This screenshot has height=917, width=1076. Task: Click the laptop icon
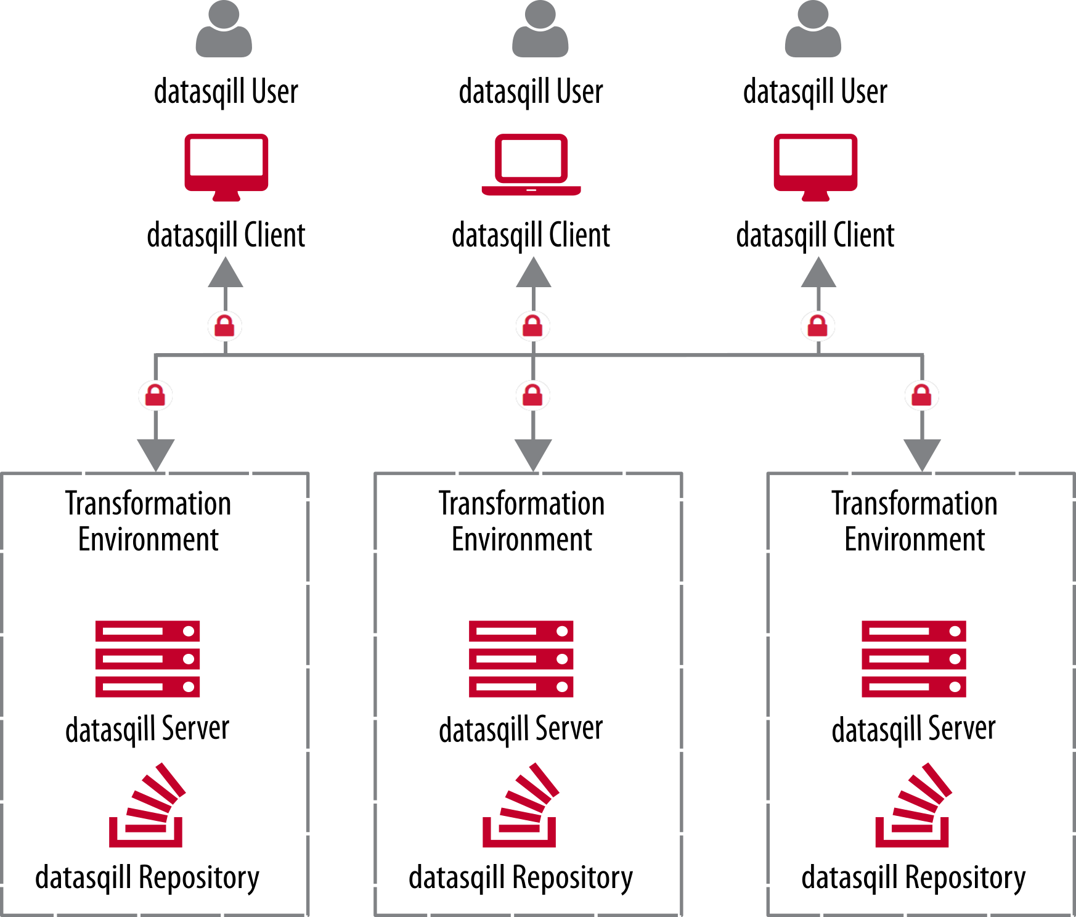point(531,165)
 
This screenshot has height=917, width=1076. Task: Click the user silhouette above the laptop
point(540,31)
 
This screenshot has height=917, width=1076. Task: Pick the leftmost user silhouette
point(224,31)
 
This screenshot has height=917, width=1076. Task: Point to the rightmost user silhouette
point(813,31)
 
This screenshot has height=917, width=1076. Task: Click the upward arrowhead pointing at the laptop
point(534,273)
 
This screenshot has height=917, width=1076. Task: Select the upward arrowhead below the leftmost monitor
point(226,273)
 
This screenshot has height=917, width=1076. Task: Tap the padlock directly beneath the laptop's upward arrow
point(533,326)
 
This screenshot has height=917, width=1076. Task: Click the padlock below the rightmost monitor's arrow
point(818,326)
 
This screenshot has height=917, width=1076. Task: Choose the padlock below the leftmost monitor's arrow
point(225,326)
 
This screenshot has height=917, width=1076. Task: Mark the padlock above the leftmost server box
point(155,395)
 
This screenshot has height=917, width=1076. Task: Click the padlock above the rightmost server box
point(922,395)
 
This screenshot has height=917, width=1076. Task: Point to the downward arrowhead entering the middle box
point(533,455)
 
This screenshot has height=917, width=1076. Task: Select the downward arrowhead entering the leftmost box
point(156,455)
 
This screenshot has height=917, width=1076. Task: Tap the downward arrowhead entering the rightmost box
point(922,455)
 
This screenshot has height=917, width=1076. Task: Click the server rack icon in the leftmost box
point(148,659)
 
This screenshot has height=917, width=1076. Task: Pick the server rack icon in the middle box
point(521,659)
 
